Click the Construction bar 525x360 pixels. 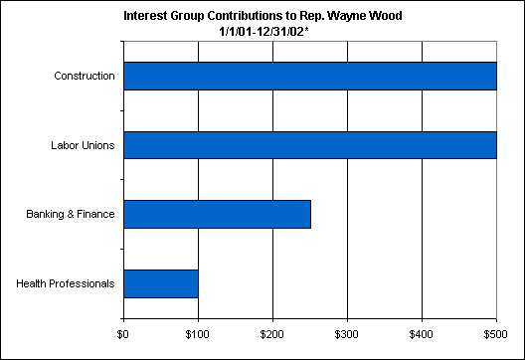click(x=310, y=76)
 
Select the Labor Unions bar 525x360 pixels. click(x=310, y=145)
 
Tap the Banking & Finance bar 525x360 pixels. click(x=218, y=215)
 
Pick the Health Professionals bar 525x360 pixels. click(x=161, y=283)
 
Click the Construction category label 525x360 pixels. click(x=85, y=76)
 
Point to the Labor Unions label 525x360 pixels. click(x=83, y=145)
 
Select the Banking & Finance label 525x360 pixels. click(x=71, y=215)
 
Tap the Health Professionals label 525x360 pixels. click(x=66, y=283)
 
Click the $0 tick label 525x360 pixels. click(x=123, y=334)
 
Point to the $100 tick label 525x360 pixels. click(x=198, y=334)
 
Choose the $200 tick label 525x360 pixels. click(x=271, y=334)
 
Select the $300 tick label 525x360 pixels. click(x=347, y=334)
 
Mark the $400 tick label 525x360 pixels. click(x=422, y=334)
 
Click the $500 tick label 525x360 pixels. click(x=495, y=334)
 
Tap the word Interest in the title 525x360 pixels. click(x=145, y=16)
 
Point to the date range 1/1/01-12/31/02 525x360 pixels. click(x=262, y=32)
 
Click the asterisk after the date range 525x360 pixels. click(x=306, y=30)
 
